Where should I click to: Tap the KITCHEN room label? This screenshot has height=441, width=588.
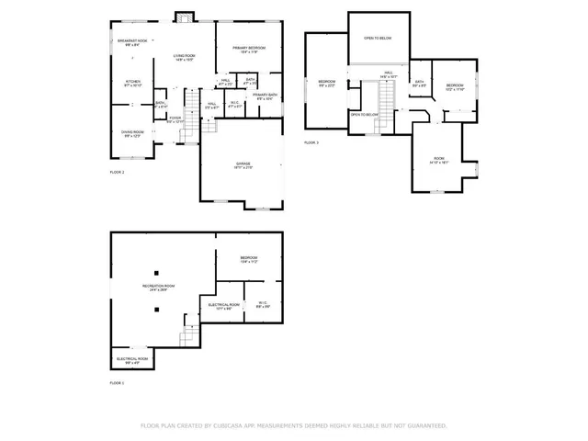[132, 83]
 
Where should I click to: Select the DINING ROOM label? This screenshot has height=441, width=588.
[132, 133]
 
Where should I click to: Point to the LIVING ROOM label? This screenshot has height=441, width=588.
[185, 57]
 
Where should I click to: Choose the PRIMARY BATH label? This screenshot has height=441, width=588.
[266, 96]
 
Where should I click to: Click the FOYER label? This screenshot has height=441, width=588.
[175, 119]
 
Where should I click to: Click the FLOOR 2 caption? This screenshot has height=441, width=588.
[117, 172]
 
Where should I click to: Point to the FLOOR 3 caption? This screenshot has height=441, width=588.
[311, 142]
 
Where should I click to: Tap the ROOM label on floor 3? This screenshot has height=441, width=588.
[439, 160]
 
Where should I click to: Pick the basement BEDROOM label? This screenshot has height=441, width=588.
[249, 260]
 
